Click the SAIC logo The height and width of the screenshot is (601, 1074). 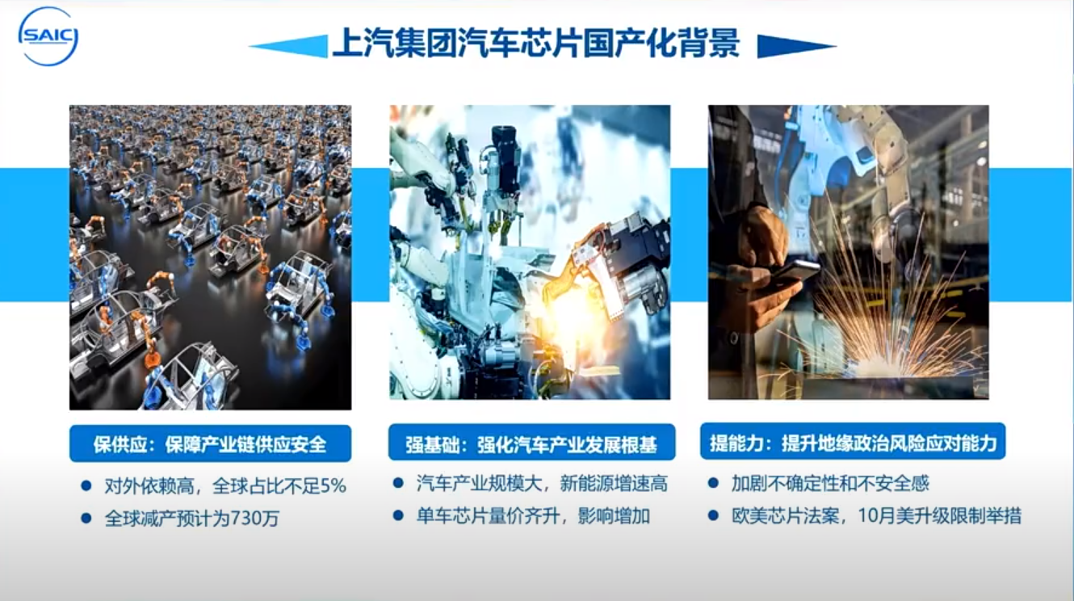click(48, 36)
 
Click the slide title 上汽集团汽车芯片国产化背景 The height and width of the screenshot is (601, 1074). click(536, 44)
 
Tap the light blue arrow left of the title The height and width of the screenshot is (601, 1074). click(288, 47)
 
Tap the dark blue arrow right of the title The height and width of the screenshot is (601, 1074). click(797, 47)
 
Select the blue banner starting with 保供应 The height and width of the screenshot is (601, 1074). click(210, 443)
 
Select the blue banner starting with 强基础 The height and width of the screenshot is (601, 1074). click(531, 442)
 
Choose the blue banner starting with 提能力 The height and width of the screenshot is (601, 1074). click(853, 441)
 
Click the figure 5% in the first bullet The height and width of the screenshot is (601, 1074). click(333, 485)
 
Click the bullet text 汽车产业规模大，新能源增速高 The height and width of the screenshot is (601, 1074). click(542, 484)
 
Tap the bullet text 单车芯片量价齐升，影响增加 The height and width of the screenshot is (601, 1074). click(533, 516)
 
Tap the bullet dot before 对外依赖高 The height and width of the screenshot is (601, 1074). click(86, 485)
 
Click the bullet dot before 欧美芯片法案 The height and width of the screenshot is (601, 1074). click(713, 515)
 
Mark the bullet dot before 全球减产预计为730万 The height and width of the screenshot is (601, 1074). click(86, 518)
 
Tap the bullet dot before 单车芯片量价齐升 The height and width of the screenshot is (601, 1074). click(398, 515)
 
